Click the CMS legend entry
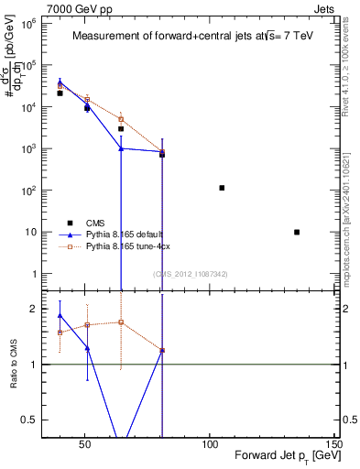(x=95, y=223)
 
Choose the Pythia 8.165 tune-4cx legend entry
(x=127, y=247)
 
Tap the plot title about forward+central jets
(x=192, y=37)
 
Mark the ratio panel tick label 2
(x=33, y=309)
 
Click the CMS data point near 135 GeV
(x=297, y=232)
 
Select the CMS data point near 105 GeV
(x=222, y=188)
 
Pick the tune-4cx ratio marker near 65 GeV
(x=121, y=322)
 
